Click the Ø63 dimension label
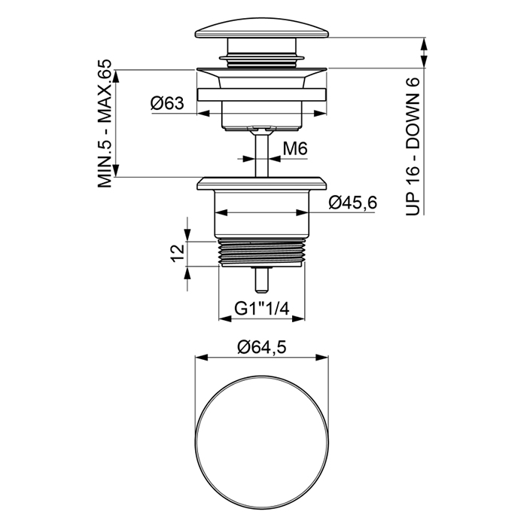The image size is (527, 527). [167, 103]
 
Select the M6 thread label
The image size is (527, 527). [295, 148]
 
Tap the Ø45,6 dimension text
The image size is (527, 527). [353, 203]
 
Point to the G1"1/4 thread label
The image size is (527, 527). [261, 308]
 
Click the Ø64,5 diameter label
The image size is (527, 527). [262, 347]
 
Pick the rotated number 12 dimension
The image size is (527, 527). [178, 253]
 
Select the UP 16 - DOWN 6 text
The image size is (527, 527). [413, 146]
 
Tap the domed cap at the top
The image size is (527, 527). [262, 29]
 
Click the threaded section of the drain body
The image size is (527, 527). [262, 253]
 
